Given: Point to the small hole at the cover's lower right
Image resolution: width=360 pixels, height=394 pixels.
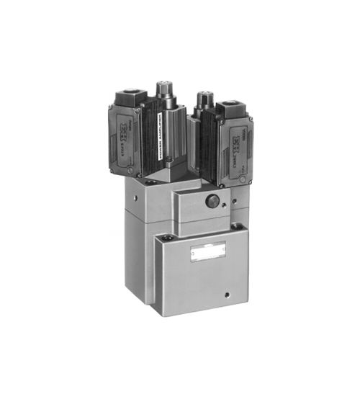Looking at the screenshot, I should (x=229, y=294).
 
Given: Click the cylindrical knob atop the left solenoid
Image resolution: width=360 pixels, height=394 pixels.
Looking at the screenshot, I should (x=163, y=91).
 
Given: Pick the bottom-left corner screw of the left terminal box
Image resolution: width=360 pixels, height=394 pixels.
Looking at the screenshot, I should (x=130, y=171).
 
